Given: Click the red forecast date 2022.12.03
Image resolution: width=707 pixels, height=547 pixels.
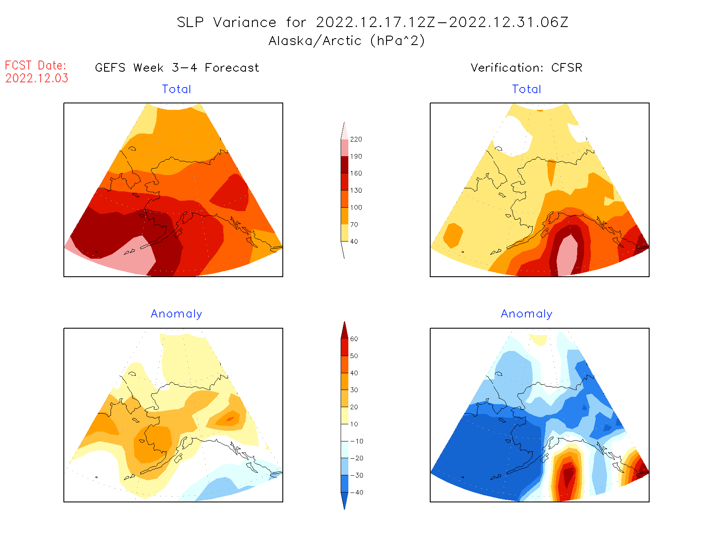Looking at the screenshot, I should (x=37, y=79).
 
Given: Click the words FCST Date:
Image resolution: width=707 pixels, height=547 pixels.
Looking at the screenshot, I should (x=36, y=66).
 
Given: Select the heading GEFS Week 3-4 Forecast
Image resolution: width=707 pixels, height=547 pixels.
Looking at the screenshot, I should (x=177, y=68).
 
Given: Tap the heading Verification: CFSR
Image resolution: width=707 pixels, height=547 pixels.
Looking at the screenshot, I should (x=526, y=68).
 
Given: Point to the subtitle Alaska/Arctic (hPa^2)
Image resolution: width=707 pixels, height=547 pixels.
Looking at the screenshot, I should (x=347, y=41).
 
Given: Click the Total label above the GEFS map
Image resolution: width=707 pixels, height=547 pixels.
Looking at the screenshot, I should (x=177, y=89).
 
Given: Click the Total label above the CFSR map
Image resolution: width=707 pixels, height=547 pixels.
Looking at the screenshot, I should (x=527, y=89).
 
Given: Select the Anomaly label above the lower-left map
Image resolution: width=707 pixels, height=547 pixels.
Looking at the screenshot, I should (x=177, y=314).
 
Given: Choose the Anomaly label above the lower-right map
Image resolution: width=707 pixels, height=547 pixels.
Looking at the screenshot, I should (x=527, y=314).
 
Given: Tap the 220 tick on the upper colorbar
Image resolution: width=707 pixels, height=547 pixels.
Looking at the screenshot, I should (x=356, y=139).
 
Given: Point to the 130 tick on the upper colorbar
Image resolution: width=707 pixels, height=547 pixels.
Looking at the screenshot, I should (x=356, y=190).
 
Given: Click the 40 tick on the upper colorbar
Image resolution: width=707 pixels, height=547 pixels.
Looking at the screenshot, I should (x=354, y=242).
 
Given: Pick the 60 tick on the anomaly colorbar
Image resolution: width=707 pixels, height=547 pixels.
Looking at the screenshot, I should (x=354, y=339).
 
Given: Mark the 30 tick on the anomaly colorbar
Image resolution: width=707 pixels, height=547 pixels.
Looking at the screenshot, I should (x=354, y=390).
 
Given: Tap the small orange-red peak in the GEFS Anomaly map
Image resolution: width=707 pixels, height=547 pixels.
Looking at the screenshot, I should (x=230, y=419).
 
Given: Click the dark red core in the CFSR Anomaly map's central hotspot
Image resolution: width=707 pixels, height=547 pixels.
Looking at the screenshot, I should (x=568, y=476).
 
